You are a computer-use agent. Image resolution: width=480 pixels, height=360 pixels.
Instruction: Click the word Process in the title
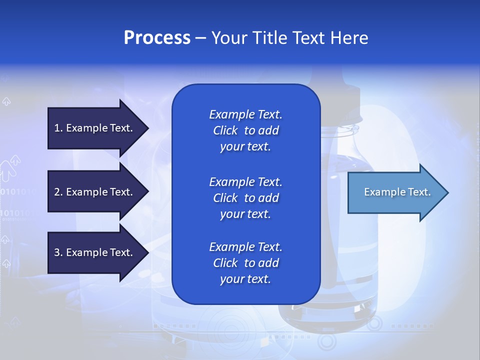(x=157, y=38)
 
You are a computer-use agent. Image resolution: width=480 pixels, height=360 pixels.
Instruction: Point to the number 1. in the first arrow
(x=58, y=128)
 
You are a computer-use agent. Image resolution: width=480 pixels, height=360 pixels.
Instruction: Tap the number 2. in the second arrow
(x=58, y=192)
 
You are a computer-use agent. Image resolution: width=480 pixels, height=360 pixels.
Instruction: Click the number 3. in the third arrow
(x=58, y=252)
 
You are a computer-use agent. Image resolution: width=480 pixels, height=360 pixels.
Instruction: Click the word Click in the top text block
(x=225, y=130)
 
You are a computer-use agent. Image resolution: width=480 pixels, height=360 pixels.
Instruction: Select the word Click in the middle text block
(x=225, y=198)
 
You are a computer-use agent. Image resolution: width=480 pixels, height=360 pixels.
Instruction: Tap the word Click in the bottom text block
(x=225, y=263)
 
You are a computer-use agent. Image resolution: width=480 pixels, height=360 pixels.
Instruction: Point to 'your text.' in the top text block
(x=245, y=146)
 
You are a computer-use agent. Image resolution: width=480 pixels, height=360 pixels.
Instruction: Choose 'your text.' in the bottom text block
(x=245, y=279)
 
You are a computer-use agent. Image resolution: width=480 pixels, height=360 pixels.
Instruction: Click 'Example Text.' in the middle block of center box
(x=245, y=182)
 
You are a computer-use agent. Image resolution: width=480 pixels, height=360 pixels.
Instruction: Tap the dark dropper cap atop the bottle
(x=340, y=95)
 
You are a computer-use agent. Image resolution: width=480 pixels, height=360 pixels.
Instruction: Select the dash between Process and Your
(x=200, y=38)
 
